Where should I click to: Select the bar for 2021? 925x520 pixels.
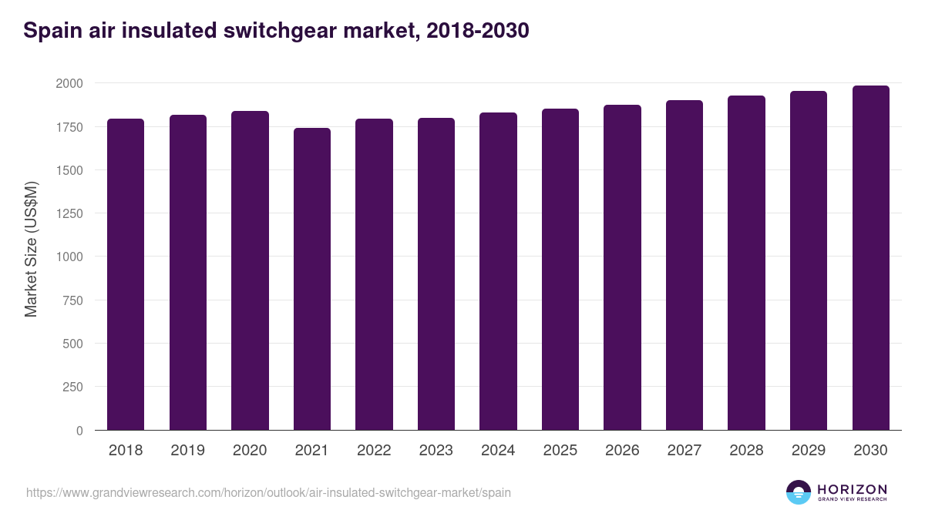coord(312,279)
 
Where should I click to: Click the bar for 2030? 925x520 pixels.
coord(870,258)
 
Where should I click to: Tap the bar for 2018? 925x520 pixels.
coord(126,274)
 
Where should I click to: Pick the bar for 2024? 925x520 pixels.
coord(498,271)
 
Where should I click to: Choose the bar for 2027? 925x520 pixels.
coord(684,265)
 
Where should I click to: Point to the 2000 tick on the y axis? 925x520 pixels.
coord(69,83)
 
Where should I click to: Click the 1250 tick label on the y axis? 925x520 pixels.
coord(69,213)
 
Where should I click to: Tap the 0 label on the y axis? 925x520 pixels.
coord(79,431)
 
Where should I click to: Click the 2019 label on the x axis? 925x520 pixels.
coord(187,451)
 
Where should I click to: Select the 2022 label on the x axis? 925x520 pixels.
coord(374,451)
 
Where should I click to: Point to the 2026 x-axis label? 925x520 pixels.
coord(622,451)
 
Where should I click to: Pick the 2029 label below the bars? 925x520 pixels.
coord(809,451)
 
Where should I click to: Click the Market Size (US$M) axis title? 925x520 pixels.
coord(31,248)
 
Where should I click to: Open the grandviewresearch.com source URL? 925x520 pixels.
coord(268,492)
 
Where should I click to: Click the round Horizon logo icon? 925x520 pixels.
coord(799,492)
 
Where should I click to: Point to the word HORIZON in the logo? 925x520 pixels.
coord(852,489)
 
